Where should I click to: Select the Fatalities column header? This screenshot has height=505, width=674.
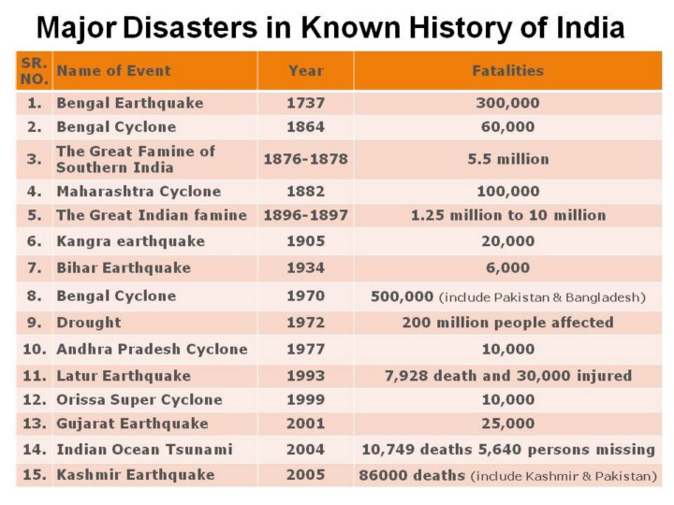pos(506,70)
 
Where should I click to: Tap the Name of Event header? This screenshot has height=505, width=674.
pos(113,70)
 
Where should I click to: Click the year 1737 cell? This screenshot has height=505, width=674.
pos(305,103)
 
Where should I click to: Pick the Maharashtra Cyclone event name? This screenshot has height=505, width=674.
pos(139,192)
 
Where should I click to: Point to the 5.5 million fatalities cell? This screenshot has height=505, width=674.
pos(506,159)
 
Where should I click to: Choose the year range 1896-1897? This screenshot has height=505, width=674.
pos(305,215)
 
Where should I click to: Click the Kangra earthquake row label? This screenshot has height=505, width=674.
pos(130,241)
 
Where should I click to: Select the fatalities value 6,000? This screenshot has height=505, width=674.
pos(506,268)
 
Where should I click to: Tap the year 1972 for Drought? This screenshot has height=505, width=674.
pos(305,323)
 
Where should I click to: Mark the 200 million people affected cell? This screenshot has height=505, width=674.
pos(506,323)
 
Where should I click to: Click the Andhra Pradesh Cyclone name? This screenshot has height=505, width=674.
pos(152,349)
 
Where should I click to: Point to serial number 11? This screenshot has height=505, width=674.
pos(34,376)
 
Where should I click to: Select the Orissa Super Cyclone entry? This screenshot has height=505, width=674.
pos(139,399)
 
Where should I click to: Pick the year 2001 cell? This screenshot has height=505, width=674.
pos(305,424)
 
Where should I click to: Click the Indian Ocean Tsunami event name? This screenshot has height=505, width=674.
pos(144,450)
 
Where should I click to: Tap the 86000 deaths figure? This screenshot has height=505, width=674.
pos(412,475)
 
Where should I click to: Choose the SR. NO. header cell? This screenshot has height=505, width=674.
pos(34,70)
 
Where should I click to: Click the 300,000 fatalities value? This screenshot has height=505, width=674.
pos(506,103)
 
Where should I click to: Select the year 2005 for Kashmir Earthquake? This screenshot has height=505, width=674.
pos(305,475)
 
